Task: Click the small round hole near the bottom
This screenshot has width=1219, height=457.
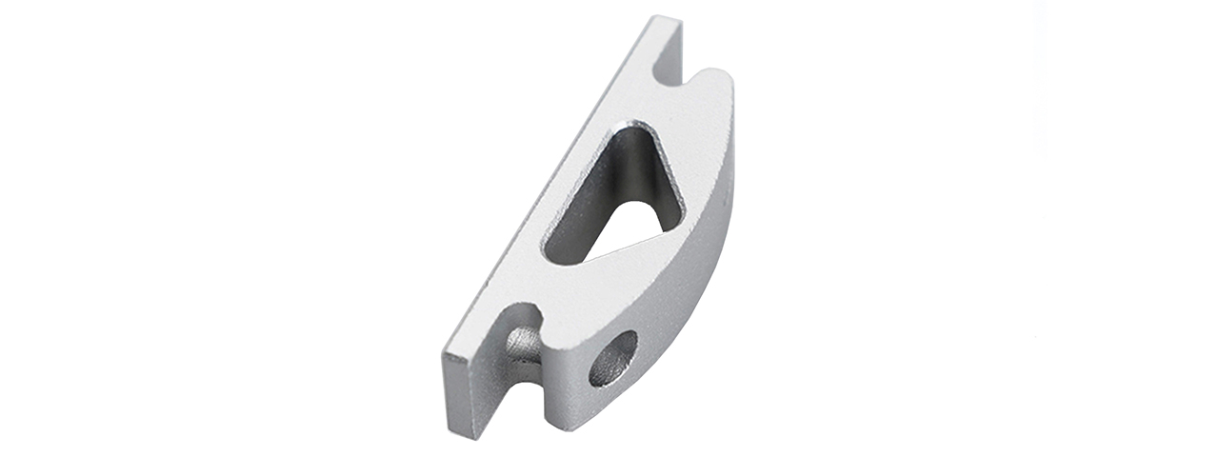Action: point(612,358)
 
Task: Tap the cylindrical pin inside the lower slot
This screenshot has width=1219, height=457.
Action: point(523,344)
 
